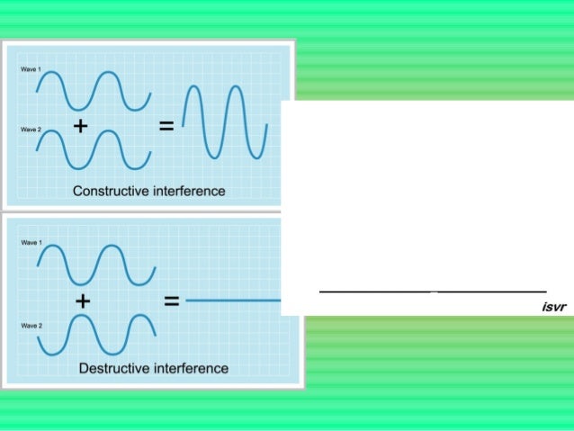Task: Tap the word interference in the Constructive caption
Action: click(187, 191)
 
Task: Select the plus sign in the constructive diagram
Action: click(80, 127)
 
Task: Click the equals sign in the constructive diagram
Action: click(166, 127)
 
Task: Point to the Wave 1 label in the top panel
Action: click(30, 68)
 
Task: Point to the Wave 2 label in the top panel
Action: click(30, 130)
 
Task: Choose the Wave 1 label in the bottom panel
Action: click(30, 243)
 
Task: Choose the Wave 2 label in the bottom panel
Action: click(30, 326)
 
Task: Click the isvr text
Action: click(553, 307)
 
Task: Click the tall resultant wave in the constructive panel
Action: click(224, 121)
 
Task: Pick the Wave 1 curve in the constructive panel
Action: click(92, 91)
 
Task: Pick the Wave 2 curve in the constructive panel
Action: click(92, 149)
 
